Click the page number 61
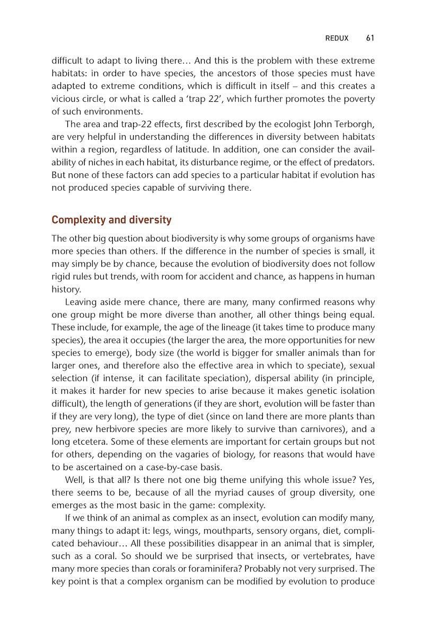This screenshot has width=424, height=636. click(x=370, y=38)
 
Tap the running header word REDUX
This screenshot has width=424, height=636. click(x=337, y=38)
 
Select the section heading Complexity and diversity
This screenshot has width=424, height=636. click(x=111, y=219)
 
